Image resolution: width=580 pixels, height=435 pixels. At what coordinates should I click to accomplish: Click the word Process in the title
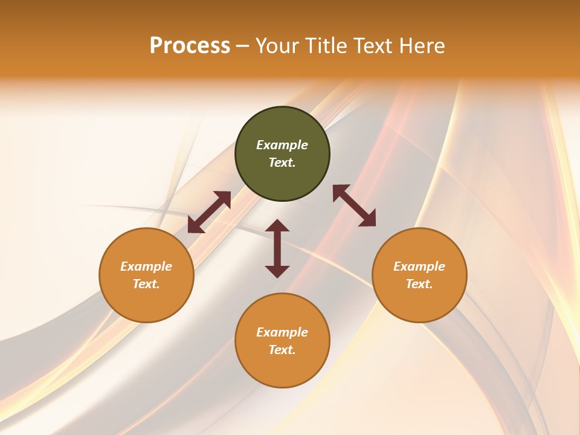click(190, 46)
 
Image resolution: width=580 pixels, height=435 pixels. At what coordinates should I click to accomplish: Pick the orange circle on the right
click(419, 296)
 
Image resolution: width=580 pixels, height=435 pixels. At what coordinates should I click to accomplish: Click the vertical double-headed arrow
click(277, 248)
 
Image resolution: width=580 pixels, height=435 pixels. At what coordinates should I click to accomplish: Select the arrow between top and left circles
click(209, 212)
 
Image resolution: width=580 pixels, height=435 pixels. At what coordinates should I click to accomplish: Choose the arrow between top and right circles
click(354, 205)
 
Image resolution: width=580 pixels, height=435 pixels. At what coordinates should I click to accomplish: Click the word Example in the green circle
click(282, 145)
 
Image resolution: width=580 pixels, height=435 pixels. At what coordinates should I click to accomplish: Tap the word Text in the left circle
click(146, 284)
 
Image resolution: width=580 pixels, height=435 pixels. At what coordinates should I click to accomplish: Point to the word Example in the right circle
click(419, 266)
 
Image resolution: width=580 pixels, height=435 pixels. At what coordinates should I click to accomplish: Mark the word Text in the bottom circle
click(282, 350)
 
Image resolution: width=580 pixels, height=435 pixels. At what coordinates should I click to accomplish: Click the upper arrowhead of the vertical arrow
click(277, 226)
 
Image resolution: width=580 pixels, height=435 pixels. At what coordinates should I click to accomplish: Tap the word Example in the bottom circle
click(282, 332)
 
